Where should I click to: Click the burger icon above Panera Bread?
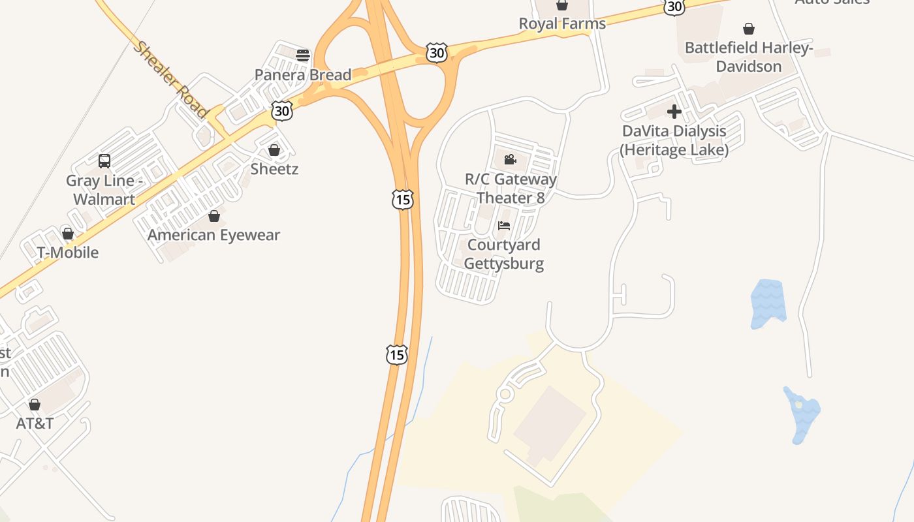302,55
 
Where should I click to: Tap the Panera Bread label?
303,75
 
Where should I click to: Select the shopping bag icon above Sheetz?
274,150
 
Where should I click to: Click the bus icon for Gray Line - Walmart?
104,161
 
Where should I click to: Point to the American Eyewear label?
213,235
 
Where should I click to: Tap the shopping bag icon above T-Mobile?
67,233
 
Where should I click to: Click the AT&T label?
35,423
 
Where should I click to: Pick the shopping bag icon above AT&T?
35,405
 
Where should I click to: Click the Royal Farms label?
562,24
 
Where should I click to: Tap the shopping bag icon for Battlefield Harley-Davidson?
749,29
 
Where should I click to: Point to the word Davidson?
749,67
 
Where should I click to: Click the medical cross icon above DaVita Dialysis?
674,112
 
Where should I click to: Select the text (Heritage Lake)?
674,150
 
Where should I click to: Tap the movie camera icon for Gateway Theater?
510,159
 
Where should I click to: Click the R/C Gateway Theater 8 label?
511,188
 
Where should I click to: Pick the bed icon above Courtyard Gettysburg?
504,226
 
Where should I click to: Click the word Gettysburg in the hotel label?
504,264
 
